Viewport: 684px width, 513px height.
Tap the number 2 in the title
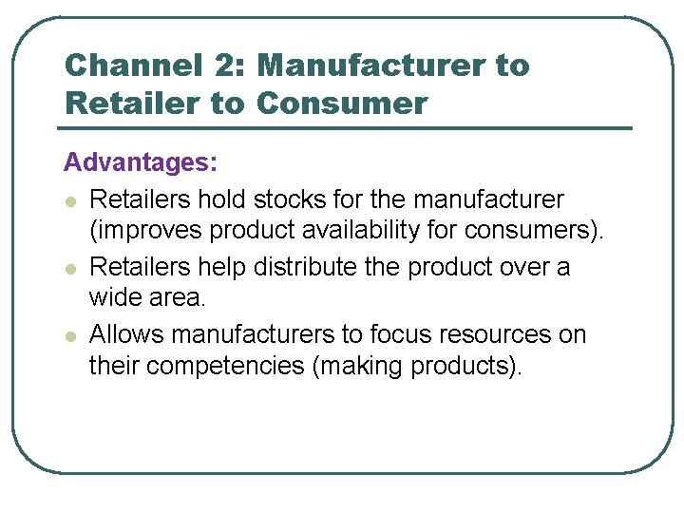[219, 66]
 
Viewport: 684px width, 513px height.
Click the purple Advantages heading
[141, 163]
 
